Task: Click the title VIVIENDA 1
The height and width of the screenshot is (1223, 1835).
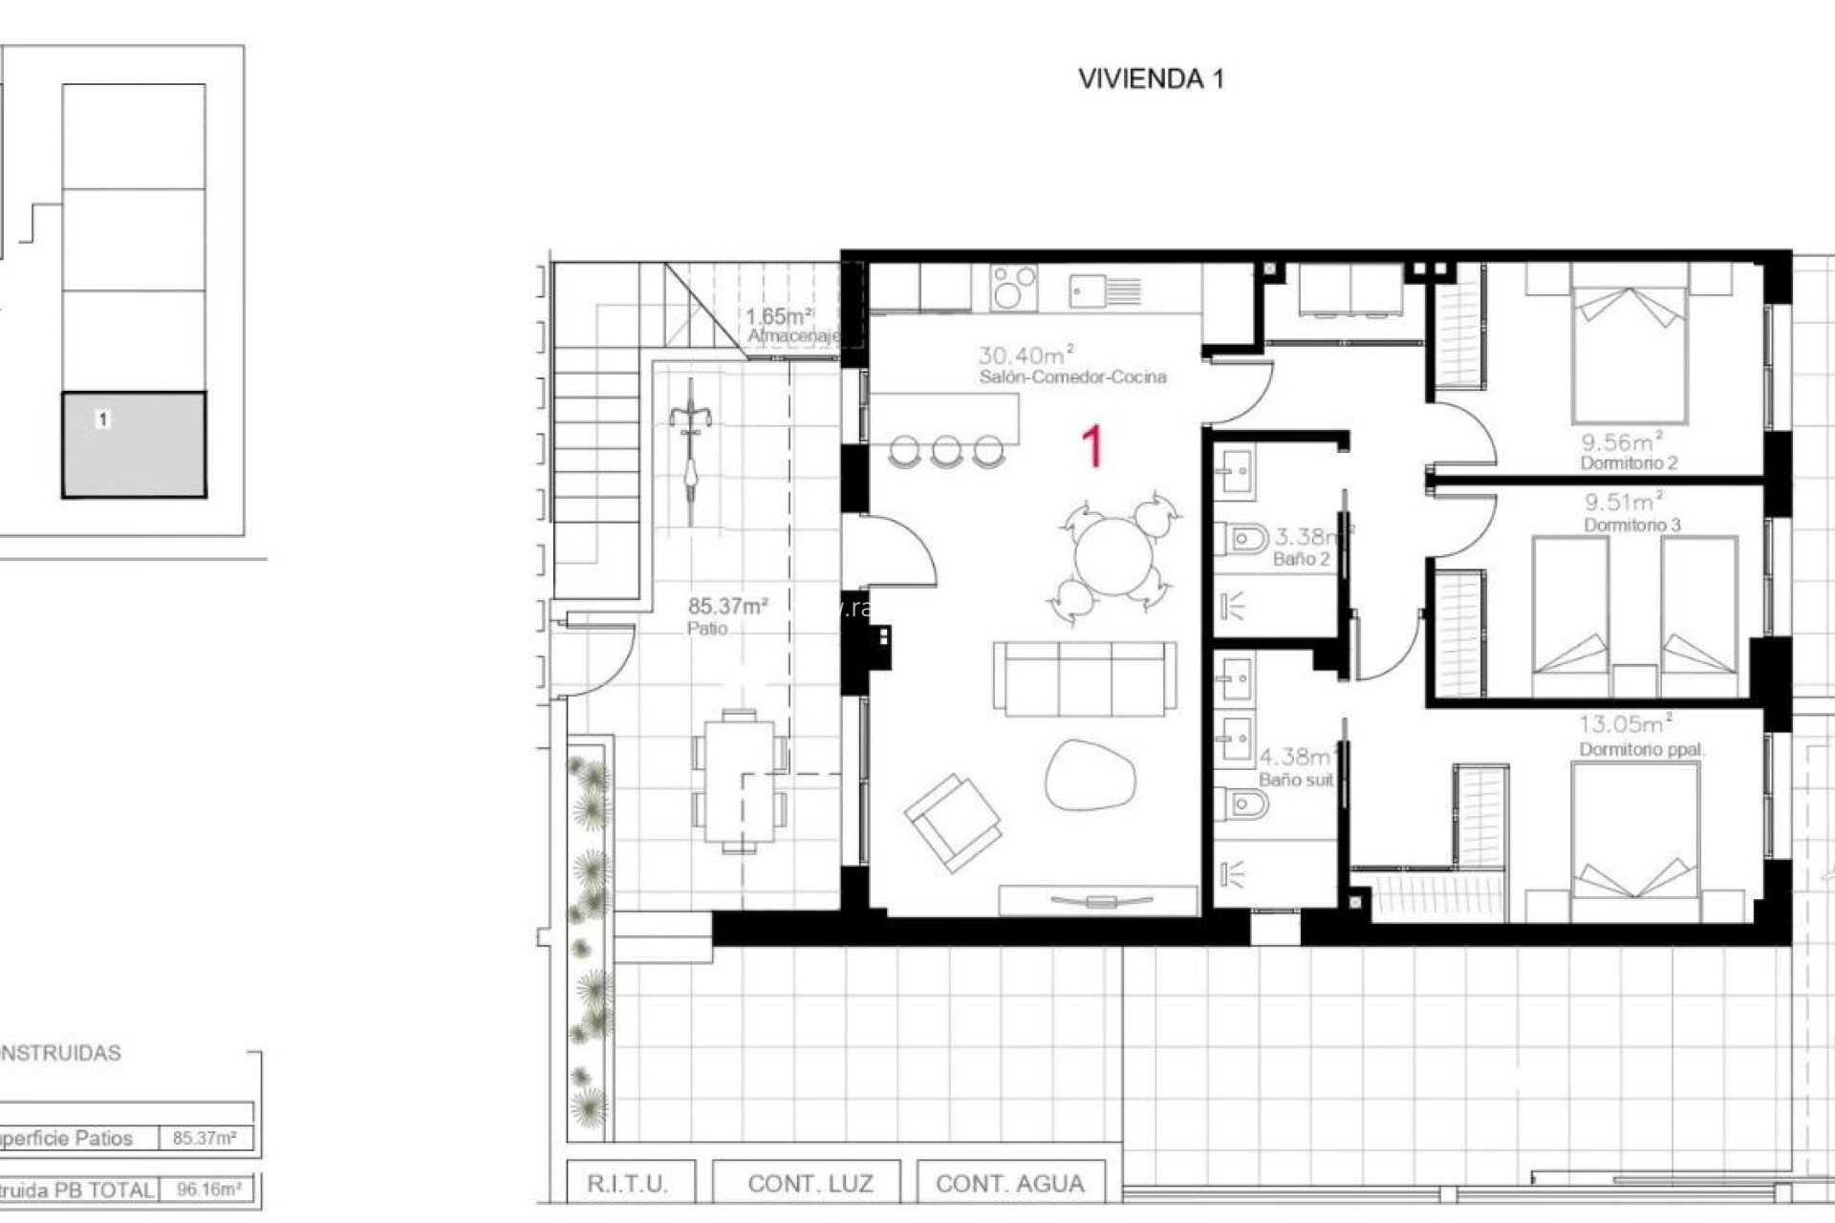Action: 1151,79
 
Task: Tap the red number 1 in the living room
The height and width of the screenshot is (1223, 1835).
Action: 1092,447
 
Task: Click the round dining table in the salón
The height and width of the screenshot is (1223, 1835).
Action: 1114,555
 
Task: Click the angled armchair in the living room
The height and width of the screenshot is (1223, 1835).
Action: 953,822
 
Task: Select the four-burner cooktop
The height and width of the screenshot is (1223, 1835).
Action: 1014,288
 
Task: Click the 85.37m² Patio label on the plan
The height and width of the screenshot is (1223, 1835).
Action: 727,615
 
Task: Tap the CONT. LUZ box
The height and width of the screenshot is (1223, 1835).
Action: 810,1184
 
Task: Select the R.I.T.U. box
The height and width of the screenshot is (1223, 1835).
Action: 627,1184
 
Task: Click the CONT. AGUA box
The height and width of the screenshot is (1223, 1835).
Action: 1010,1184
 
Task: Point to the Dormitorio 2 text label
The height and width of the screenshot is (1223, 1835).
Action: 1629,463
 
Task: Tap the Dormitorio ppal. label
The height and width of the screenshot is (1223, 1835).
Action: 1641,750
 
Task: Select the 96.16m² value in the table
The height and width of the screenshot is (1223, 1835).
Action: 208,1191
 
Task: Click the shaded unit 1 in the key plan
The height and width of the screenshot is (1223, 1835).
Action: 134,445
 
